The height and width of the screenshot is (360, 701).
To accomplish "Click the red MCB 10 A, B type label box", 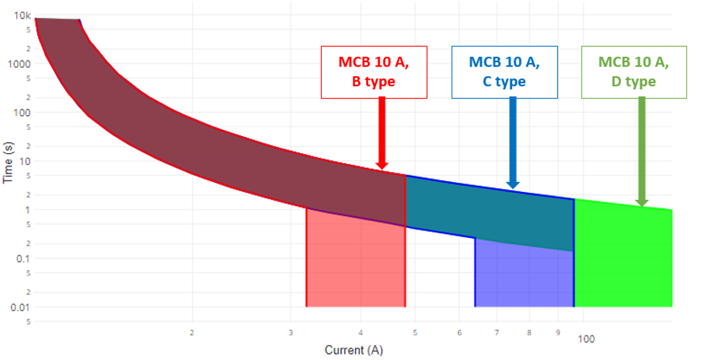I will (x=374, y=72).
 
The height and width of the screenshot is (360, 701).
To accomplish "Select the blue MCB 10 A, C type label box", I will (x=505, y=72).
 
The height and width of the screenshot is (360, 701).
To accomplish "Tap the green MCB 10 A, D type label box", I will (x=634, y=72).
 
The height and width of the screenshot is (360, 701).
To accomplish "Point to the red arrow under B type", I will (x=382, y=132).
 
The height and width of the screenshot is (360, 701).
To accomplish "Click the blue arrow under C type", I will (x=513, y=142).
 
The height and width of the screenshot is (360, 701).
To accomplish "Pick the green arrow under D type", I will (x=642, y=151).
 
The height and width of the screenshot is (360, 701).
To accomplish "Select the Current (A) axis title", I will (x=354, y=350).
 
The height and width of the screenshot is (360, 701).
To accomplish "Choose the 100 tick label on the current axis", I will (x=585, y=338).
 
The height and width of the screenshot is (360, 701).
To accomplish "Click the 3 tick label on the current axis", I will (x=290, y=332).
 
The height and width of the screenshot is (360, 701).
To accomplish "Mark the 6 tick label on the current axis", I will (x=459, y=332).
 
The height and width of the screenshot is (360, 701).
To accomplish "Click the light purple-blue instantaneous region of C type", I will (x=523, y=277).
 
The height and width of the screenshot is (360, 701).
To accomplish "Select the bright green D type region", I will (x=622, y=258).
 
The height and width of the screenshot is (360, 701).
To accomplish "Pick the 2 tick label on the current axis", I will (x=192, y=332).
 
